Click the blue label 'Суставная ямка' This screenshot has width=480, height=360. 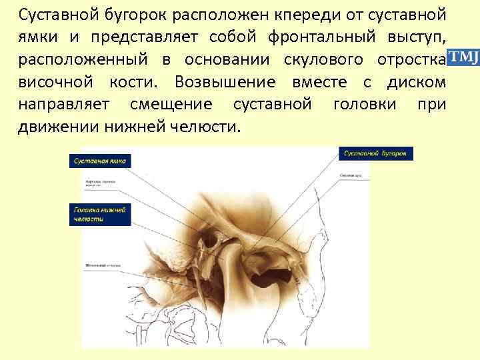coord(101,161)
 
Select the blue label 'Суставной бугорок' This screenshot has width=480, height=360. coord(377,154)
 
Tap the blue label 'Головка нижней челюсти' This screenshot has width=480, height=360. coord(101,215)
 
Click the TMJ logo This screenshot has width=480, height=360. coord(463,58)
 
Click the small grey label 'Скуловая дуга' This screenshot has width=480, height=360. coord(352,175)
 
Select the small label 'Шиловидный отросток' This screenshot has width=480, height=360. coord(102,265)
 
